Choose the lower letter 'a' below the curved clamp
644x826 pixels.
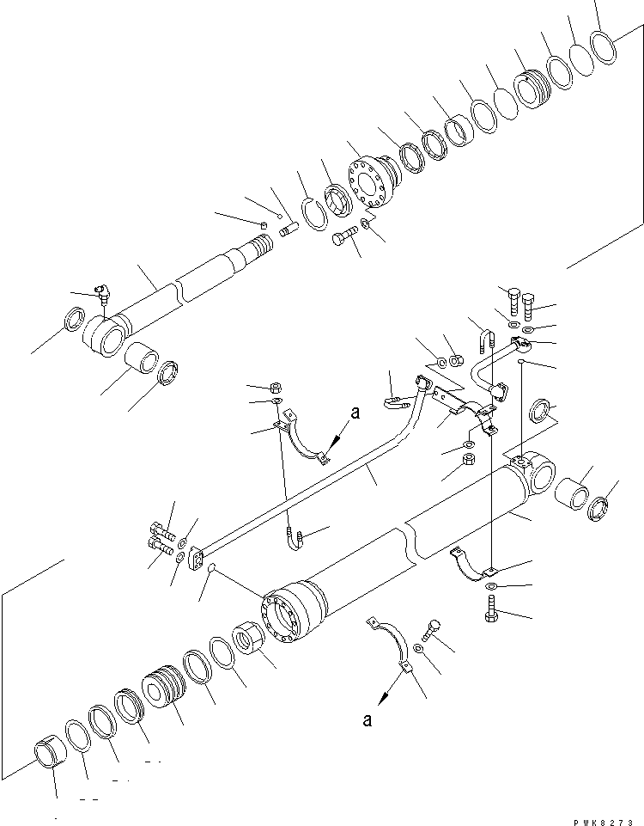368,720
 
